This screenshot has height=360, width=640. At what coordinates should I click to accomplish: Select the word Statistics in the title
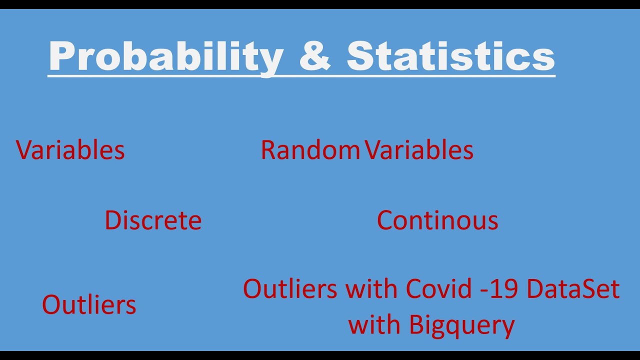[x=450, y=56]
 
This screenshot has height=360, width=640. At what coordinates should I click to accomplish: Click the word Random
[x=310, y=150]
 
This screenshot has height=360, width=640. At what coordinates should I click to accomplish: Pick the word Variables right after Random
[x=419, y=150]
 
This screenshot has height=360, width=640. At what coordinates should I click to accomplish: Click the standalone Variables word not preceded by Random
[x=70, y=150]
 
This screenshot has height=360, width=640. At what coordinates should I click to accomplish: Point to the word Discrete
[x=153, y=220]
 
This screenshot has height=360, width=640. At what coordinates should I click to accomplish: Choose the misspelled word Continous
[x=437, y=220]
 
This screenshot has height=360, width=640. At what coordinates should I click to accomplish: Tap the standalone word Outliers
[x=89, y=304]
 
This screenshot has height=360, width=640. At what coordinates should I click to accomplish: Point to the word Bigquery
[x=461, y=325]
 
